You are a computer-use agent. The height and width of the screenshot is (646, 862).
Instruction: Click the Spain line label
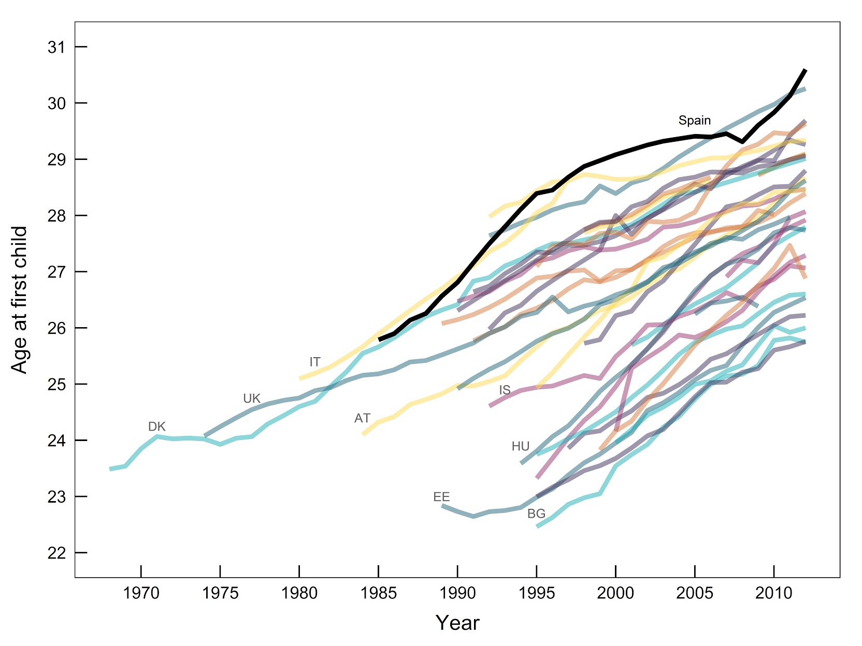tap(694, 121)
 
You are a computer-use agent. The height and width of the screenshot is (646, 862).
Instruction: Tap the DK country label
tap(156, 427)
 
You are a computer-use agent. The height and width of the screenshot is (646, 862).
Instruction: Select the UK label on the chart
tap(252, 399)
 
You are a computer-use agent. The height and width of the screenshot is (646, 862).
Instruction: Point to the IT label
tap(314, 362)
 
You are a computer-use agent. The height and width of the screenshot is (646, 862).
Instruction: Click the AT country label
tap(362, 418)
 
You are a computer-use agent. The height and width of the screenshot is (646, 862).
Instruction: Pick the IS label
tap(505, 390)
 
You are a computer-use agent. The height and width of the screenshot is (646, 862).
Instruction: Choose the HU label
tap(520, 446)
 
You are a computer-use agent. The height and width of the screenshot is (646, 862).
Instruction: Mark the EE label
tap(441, 497)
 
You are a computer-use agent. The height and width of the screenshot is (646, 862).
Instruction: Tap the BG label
tap(536, 513)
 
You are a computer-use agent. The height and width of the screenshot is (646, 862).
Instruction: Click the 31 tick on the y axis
tap(58, 47)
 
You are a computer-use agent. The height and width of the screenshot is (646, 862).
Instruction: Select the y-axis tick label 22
tap(58, 553)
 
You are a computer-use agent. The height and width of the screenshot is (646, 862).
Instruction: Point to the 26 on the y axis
tap(58, 328)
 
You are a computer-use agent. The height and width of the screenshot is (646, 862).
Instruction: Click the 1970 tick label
tap(141, 593)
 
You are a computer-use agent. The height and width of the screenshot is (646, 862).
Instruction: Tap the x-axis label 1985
tap(379, 593)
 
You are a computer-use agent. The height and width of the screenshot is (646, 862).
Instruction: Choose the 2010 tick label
tap(773, 593)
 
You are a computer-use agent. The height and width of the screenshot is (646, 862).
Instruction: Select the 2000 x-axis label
tap(615, 593)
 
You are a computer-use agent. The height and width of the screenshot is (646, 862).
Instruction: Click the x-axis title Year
tap(457, 623)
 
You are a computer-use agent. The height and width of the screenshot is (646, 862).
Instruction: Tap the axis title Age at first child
tap(19, 300)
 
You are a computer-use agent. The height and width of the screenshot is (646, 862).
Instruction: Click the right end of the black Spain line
tap(805, 70)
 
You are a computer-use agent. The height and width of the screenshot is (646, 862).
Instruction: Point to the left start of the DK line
tap(110, 469)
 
